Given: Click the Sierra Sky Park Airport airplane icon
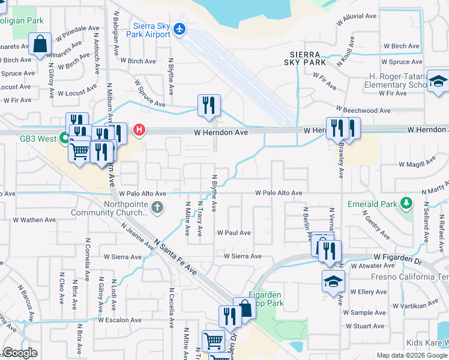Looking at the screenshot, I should tap(179, 29).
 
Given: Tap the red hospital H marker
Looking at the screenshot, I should tap(139, 129).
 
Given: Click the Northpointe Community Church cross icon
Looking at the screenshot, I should tap(157, 208).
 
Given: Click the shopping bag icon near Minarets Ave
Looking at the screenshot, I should tap(40, 45).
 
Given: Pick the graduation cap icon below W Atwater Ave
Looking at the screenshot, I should tap(333, 281).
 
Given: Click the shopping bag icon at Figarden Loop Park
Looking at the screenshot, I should tap(244, 308).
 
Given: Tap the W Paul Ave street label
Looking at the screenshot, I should tap(234, 232).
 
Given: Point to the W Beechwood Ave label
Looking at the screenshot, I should tap(363, 111).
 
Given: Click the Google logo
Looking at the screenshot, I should tap(20, 353).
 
